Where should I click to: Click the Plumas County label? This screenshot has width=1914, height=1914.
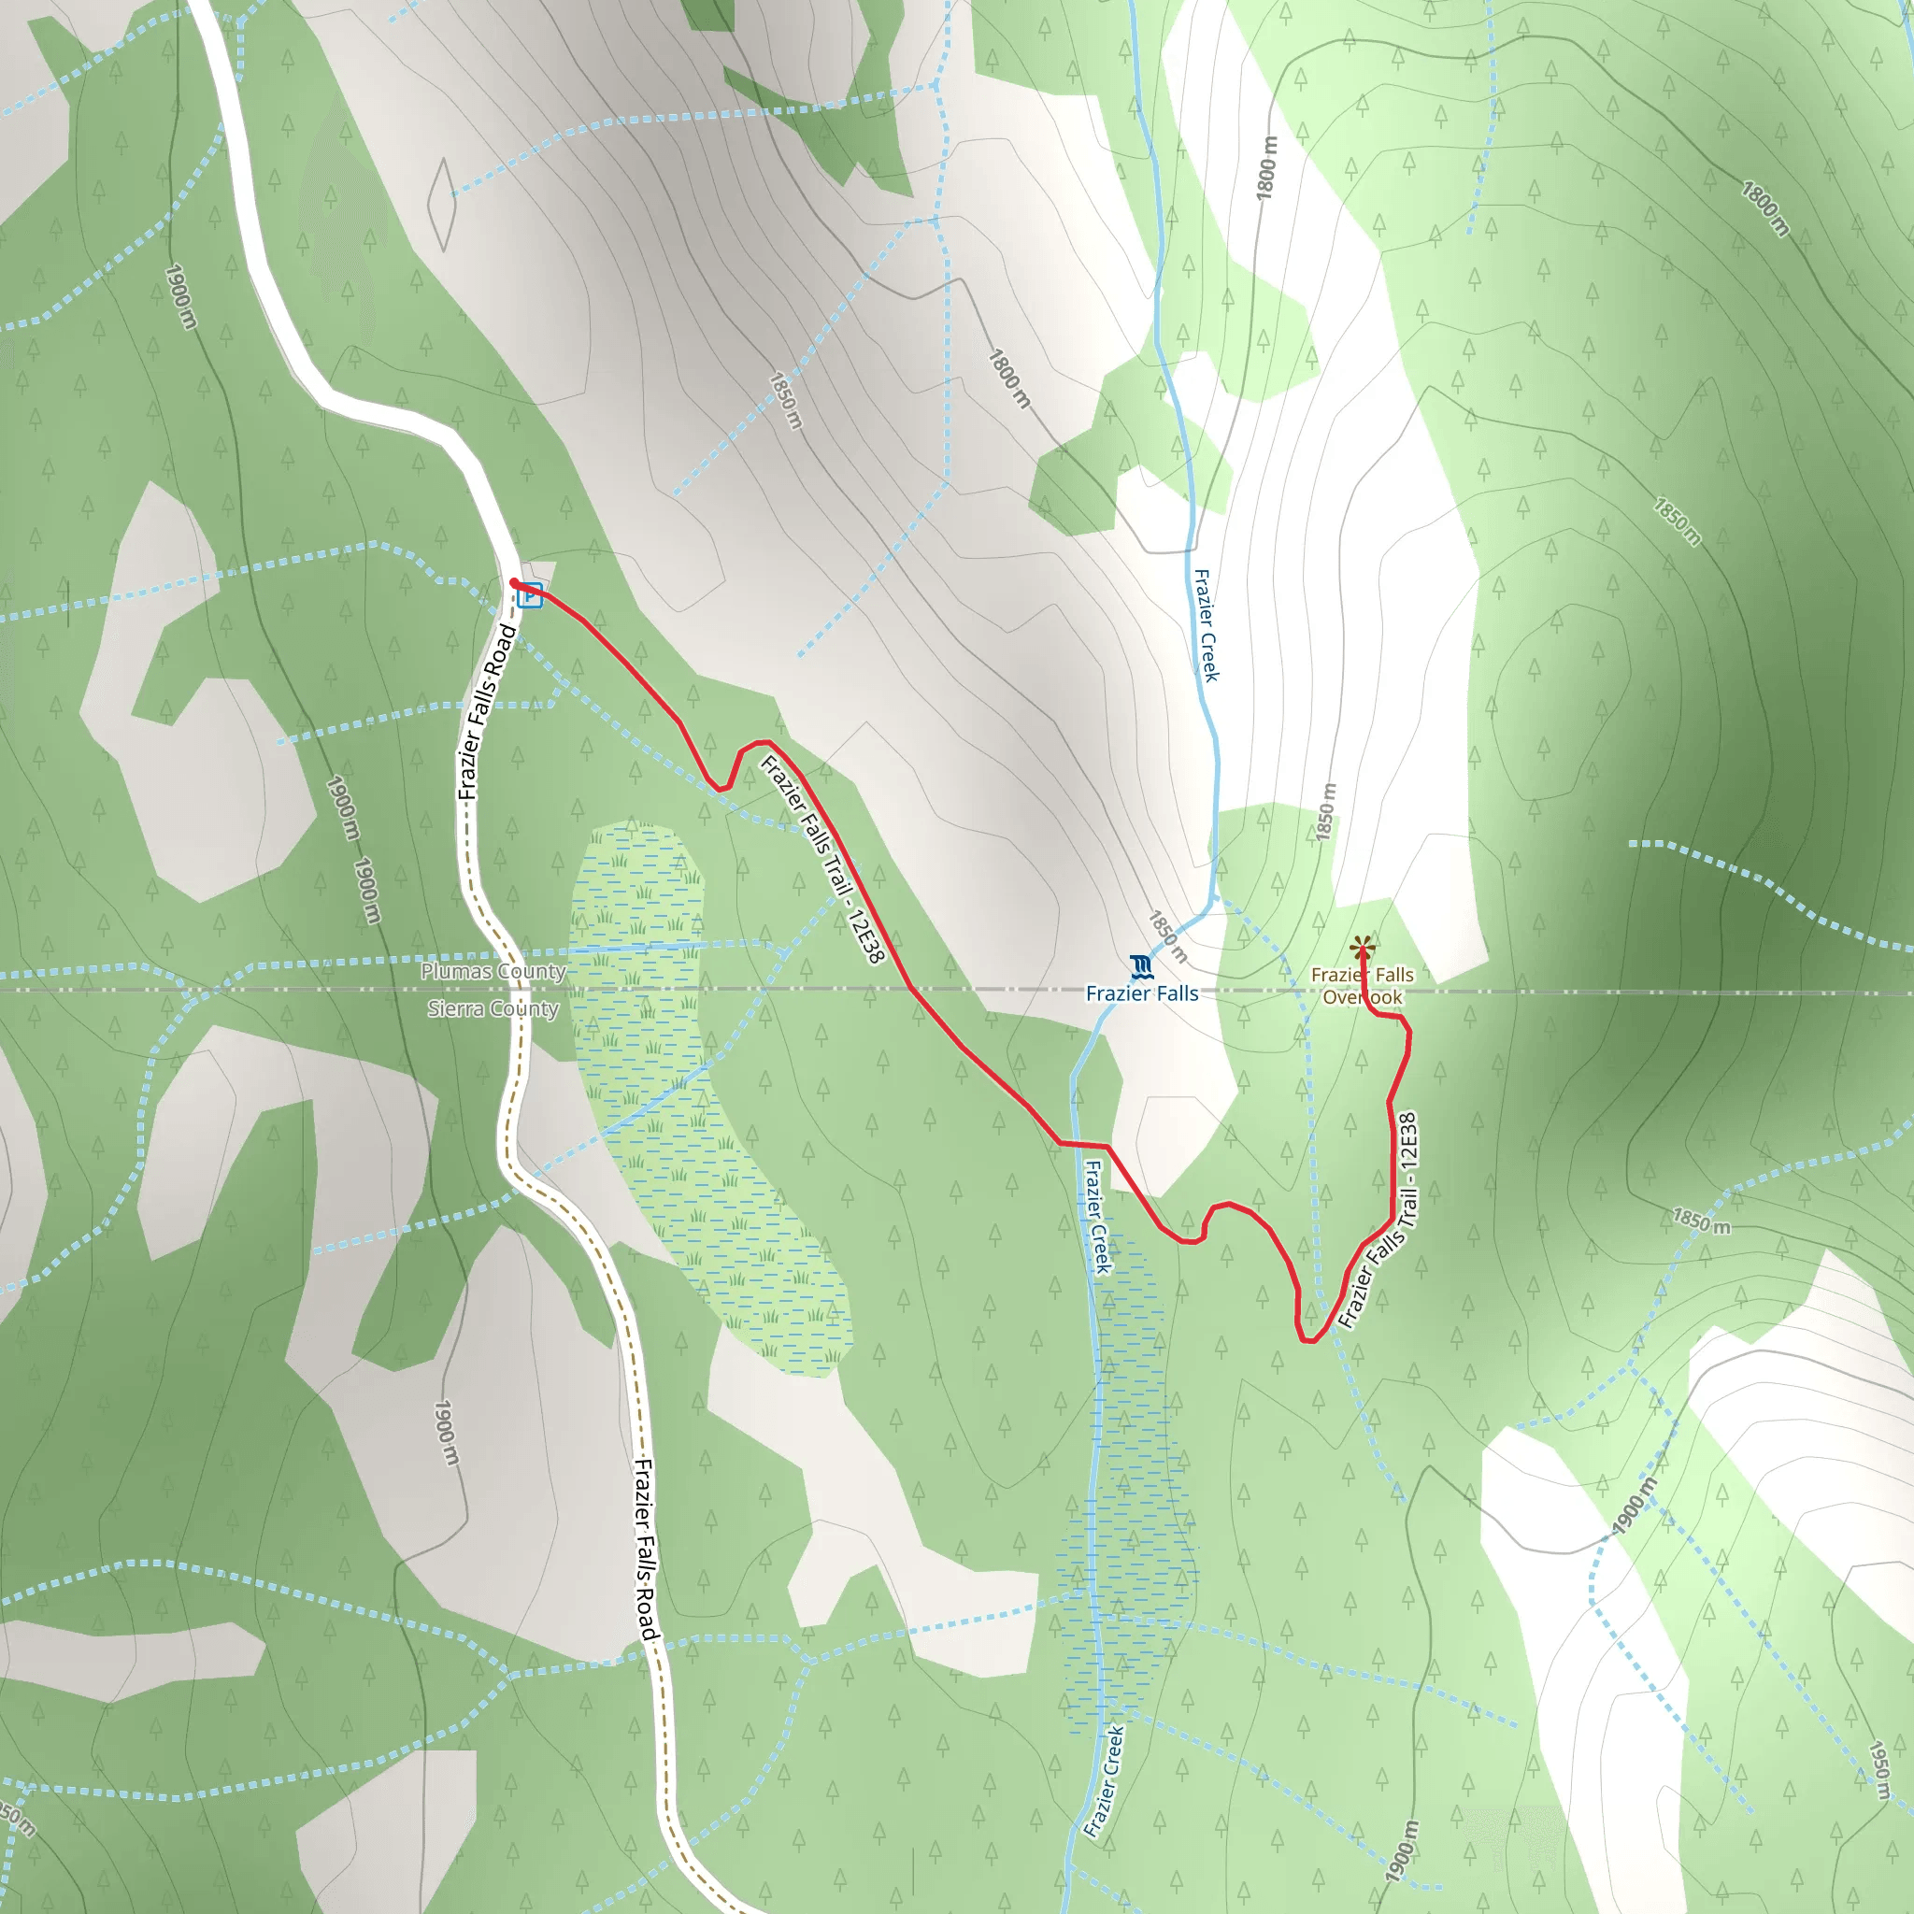pyautogui.click(x=493, y=971)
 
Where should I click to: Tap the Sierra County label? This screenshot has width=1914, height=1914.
pyautogui.click(x=493, y=1008)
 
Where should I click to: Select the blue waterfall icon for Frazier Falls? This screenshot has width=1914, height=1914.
pyautogui.click(x=1141, y=966)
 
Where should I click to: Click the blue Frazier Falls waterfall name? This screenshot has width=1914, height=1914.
pyautogui.click(x=1141, y=993)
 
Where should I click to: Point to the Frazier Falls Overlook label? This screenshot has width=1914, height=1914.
pyautogui.click(x=1363, y=986)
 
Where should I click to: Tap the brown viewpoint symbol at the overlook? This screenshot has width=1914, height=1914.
pyautogui.click(x=1363, y=946)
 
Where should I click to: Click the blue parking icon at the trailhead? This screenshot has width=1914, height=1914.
pyautogui.click(x=530, y=595)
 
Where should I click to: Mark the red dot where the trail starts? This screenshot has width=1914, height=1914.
pyautogui.click(x=514, y=582)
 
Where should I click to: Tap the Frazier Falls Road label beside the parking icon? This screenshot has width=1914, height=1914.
pyautogui.click(x=486, y=711)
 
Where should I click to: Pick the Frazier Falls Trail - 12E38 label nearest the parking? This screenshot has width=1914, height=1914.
pyautogui.click(x=821, y=858)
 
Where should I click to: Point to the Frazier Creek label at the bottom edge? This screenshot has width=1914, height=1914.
pyautogui.click(x=1104, y=1780)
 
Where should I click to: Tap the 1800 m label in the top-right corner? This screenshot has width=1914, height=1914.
pyautogui.click(x=1765, y=209)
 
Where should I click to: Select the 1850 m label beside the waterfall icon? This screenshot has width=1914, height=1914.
pyautogui.click(x=1168, y=936)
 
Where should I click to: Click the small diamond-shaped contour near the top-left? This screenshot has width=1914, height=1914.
pyautogui.click(x=442, y=204)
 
